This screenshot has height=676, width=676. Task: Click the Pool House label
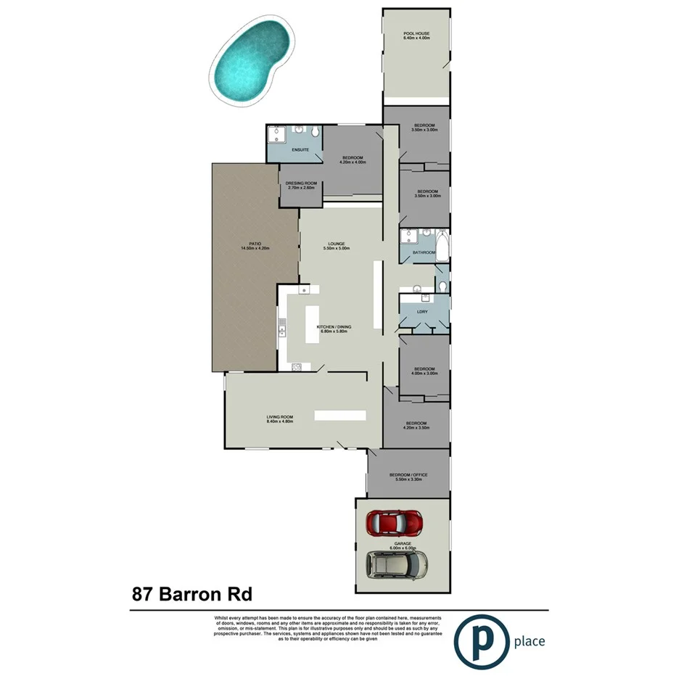click(417, 35)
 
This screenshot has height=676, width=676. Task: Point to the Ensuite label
click(300, 149)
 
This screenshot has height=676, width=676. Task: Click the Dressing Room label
click(302, 184)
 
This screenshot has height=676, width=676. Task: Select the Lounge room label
click(336, 244)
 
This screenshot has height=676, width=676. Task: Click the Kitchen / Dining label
click(334, 327)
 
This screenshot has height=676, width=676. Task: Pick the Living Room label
click(279, 416)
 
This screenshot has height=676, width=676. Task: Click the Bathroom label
click(424, 252)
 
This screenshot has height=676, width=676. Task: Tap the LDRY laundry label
click(422, 312)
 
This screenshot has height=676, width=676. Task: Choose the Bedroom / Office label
click(411, 475)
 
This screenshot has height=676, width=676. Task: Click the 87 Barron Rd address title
click(192, 595)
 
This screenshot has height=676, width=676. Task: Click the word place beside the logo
click(529, 641)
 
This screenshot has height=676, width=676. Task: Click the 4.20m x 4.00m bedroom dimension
click(353, 162)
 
